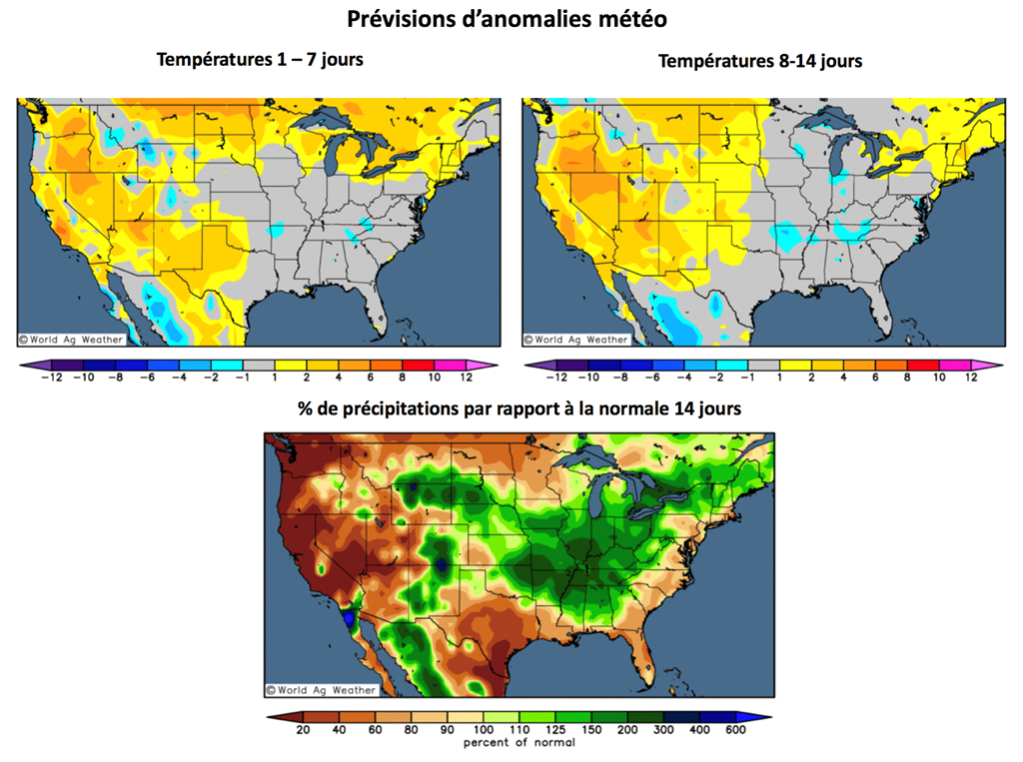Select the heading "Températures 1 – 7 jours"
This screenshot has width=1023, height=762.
click(260, 60)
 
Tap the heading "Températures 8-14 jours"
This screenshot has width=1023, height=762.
click(760, 61)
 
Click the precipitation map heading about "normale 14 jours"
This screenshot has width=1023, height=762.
click(518, 408)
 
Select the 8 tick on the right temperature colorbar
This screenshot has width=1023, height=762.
click(907, 378)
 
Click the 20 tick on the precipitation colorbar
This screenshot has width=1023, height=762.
click(302, 730)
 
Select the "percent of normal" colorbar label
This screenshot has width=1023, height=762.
click(519, 742)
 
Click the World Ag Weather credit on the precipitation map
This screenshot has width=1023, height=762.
click(322, 689)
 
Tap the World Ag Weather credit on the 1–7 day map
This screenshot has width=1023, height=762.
click(71, 340)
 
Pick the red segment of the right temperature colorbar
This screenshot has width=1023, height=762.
click(923, 366)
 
